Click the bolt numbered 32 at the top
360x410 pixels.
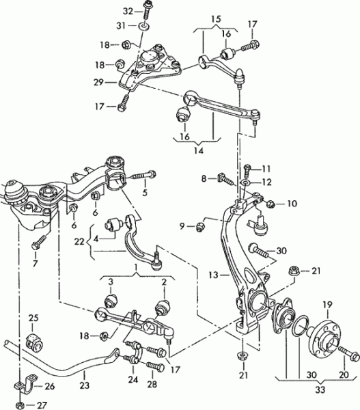click(x=147, y=10)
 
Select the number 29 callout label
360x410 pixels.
click(x=100, y=83)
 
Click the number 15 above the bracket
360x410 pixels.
click(x=217, y=19)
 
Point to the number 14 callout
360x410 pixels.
click(x=199, y=151)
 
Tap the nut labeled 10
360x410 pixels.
click(x=271, y=203)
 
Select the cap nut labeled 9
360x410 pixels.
click(x=200, y=227)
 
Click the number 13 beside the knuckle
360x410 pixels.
click(x=214, y=275)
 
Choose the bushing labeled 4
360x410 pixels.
click(x=112, y=225)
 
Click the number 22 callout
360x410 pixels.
click(x=79, y=242)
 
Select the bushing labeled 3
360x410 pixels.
click(x=111, y=301)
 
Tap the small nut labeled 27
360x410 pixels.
click(x=19, y=405)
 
